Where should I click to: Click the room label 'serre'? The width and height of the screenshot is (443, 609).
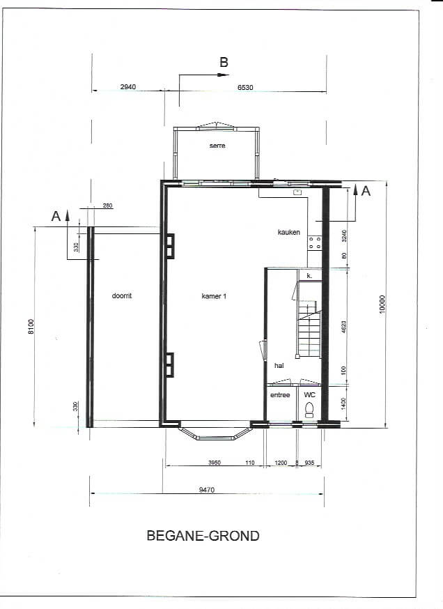(217, 146)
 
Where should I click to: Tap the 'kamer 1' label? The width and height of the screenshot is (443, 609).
(214, 296)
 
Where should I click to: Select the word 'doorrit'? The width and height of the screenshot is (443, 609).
(122, 296)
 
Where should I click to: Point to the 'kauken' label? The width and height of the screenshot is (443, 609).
(289, 232)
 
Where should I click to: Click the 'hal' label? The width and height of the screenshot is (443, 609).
(279, 366)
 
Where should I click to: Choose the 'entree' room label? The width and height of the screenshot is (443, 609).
(280, 395)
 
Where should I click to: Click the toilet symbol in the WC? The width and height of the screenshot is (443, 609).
(309, 410)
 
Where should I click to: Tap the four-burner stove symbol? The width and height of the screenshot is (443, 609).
(314, 243)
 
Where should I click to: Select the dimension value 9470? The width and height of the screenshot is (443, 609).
(207, 490)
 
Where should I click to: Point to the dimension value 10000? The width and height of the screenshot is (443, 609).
(382, 304)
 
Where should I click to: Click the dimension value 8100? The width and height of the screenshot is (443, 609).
(31, 326)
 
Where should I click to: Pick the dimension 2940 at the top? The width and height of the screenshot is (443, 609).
(128, 87)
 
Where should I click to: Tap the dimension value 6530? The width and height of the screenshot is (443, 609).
(245, 88)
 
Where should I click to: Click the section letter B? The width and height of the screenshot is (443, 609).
(224, 62)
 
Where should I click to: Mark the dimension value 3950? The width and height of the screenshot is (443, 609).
(215, 463)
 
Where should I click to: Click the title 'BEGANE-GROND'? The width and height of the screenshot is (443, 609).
(203, 536)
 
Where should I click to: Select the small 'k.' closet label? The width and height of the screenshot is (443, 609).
(309, 276)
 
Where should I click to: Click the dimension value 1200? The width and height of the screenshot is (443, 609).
(281, 463)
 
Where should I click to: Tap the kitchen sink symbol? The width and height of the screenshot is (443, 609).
(298, 192)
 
